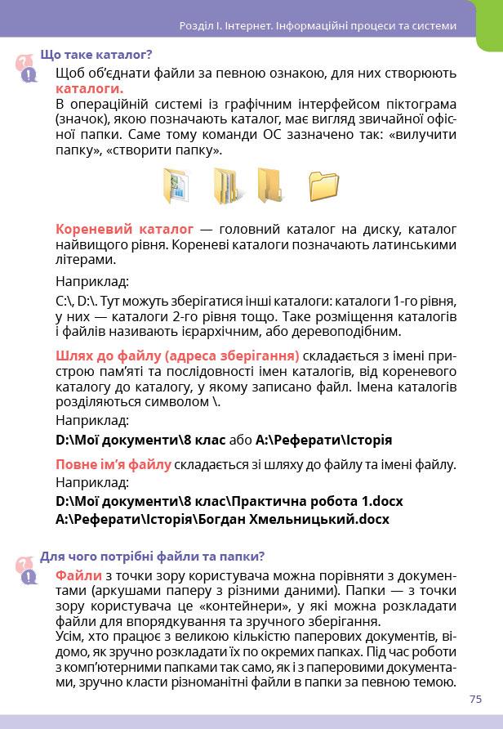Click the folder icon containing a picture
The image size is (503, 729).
click(177, 186)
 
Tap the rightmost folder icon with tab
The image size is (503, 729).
click(324, 186)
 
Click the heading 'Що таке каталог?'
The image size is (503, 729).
click(96, 56)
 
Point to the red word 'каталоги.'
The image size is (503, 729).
click(90, 88)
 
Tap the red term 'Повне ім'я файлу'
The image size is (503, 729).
click(113, 465)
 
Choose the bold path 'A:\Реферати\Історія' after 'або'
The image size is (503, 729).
click(323, 440)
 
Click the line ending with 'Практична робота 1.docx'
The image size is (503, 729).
click(229, 500)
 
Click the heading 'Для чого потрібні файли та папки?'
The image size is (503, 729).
click(152, 557)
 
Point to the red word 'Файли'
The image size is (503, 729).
click(78, 576)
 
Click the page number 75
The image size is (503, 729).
click(476, 698)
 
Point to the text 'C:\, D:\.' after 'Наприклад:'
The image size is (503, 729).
click(81, 301)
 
